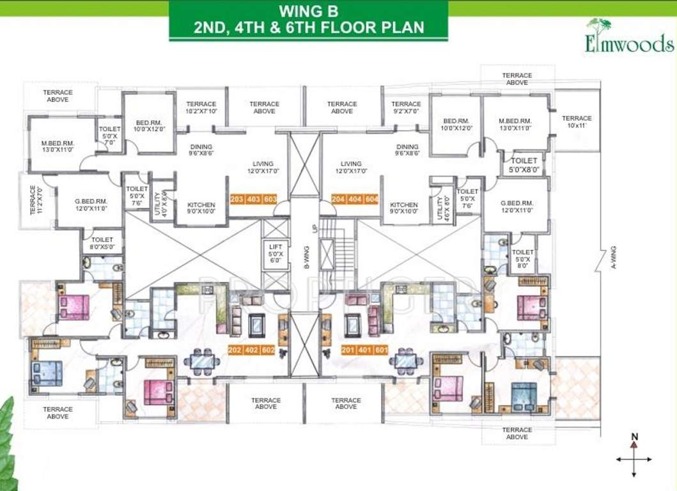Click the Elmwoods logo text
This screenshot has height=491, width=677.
click(629, 43)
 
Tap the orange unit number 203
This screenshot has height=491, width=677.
click(237, 199)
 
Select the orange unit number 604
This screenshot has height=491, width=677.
click(372, 199)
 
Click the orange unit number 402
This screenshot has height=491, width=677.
click(253, 350)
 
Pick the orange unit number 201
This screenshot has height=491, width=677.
click(348, 350)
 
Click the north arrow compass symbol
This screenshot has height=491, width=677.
click(634, 456)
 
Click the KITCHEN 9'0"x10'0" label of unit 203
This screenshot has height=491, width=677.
click(201, 208)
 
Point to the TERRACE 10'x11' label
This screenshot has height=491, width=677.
click(577, 122)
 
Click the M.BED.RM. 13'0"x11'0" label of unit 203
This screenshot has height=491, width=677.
click(58, 146)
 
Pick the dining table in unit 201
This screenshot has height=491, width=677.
click(408, 362)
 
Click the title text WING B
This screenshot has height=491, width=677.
click(309, 11)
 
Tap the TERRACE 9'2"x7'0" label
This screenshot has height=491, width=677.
click(406, 107)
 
